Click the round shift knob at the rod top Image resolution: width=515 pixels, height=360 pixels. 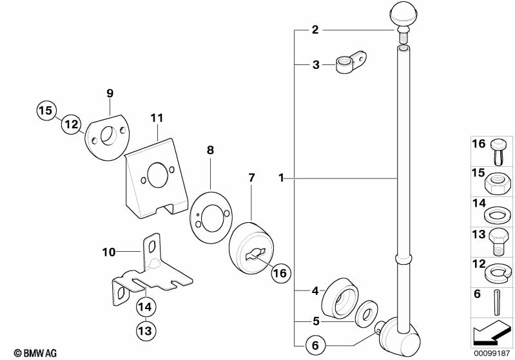tap(403, 15)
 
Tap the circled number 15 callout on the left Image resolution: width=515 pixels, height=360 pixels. tap(46, 110)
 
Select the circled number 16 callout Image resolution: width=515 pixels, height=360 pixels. tap(280, 273)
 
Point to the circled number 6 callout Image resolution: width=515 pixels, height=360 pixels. tap(315, 345)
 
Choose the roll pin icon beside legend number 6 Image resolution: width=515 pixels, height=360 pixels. tap(498, 302)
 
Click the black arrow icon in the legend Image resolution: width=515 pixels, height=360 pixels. tap(491, 333)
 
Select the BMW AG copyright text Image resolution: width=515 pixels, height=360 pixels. tap(35, 353)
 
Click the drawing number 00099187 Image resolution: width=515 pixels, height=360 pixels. tap(491, 353)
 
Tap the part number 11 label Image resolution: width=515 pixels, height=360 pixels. tap(157, 118)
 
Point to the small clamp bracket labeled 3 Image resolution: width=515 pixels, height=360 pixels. tap(351, 62)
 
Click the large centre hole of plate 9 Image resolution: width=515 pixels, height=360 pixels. tap(108, 135)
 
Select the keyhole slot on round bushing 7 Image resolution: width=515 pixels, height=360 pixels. tap(255, 254)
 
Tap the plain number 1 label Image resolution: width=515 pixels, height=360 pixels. tap(281, 178)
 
